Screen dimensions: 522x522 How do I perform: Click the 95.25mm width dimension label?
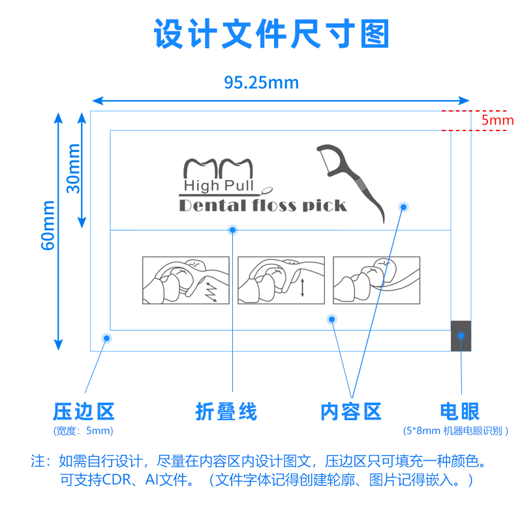261,83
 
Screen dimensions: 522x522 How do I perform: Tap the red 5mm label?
497,121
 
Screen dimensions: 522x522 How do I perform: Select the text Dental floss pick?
262,206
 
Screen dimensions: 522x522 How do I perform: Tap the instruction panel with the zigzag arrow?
186,280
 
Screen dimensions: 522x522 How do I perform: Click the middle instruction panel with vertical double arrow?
281,280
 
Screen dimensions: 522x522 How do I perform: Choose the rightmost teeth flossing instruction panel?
376,280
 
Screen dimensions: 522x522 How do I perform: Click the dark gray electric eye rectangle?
461,335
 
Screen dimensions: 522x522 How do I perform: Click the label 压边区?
84,412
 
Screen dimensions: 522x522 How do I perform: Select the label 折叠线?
226,412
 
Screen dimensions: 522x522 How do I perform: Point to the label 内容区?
351,412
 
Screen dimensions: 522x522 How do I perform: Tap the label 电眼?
460,412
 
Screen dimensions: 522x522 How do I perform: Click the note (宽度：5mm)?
84,431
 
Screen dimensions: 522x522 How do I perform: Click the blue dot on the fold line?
232,230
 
